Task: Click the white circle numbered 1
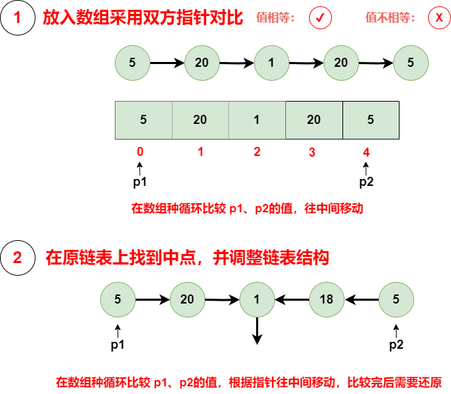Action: coord(17,18)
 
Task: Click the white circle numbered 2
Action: coord(17,258)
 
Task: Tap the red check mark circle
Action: coord(320,18)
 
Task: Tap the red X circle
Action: coord(439,18)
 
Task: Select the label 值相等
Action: coord(276,18)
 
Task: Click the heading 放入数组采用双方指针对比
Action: coord(143,18)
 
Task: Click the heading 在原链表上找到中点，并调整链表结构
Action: coord(187,258)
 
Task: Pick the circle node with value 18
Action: coord(326,299)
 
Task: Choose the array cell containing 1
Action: coord(257,120)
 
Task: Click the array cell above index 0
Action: coord(143,120)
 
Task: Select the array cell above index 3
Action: coord(314,120)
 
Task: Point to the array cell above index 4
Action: coord(370,120)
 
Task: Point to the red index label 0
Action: coord(141,152)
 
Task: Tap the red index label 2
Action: coord(257,152)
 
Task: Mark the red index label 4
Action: coord(366,152)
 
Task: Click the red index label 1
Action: coord(200,152)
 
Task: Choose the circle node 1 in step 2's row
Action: coord(257,299)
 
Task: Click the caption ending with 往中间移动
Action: coord(247,208)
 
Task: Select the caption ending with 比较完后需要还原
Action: coord(248,382)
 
